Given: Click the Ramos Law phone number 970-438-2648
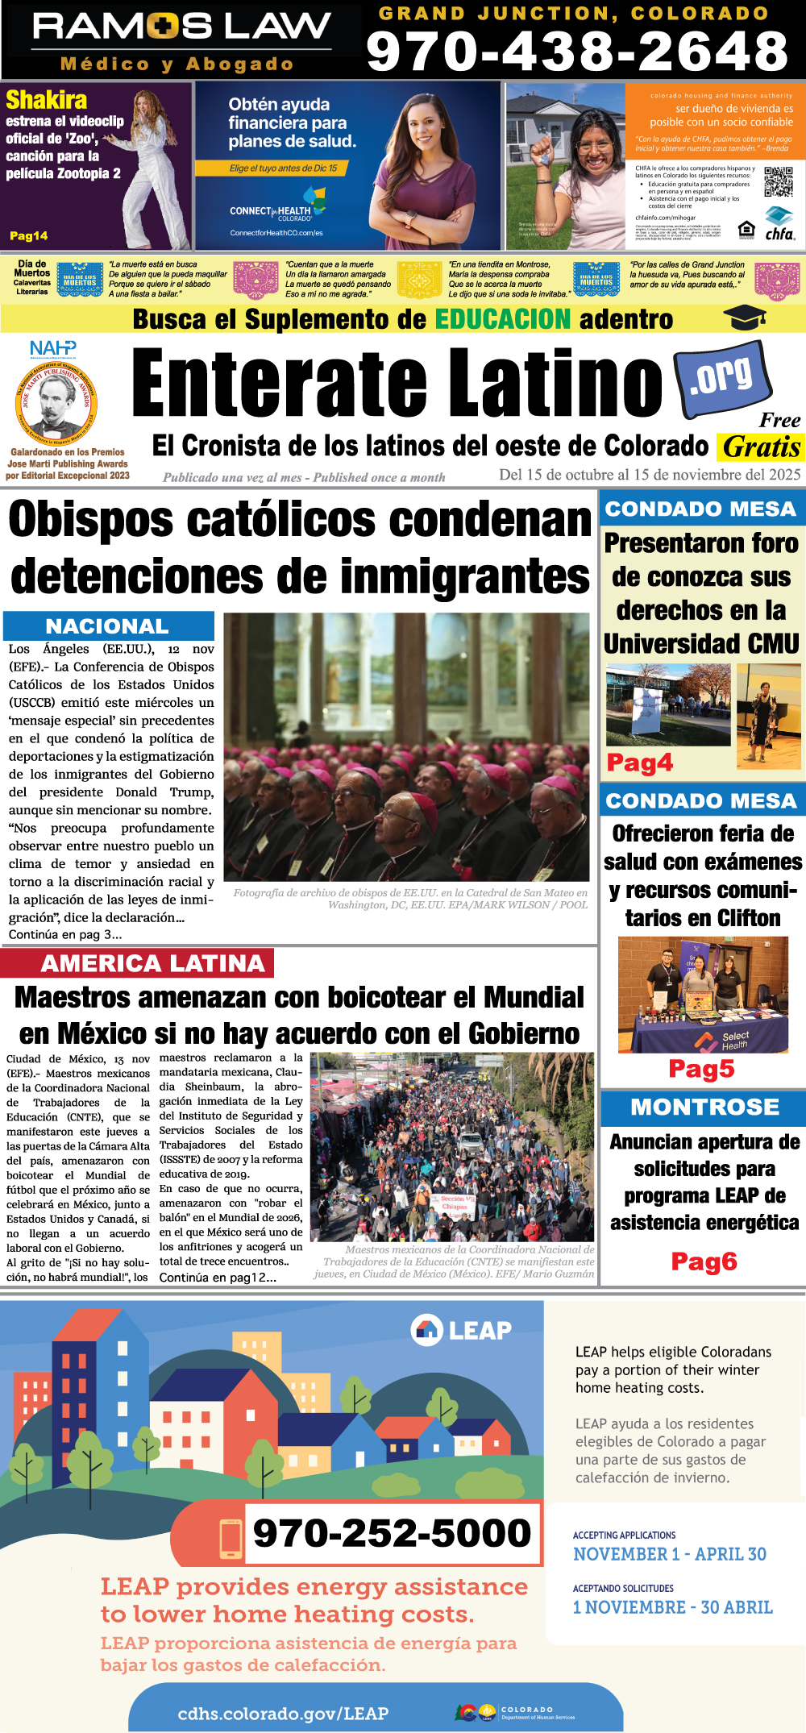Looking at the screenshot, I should (577, 52).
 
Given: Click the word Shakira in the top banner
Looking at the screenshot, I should (46, 100).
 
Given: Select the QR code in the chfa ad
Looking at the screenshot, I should (778, 181).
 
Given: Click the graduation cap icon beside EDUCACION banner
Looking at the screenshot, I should (744, 319).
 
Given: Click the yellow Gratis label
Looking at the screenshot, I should (760, 447).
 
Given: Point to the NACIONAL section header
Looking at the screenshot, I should (107, 626).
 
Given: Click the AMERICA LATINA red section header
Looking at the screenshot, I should (152, 963).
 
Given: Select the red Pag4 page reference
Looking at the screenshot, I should (639, 763).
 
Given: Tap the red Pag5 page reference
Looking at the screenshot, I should (701, 1069).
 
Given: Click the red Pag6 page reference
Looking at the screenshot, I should (704, 1261).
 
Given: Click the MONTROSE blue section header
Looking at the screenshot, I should (704, 1108).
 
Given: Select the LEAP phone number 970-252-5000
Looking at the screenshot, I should (392, 1532).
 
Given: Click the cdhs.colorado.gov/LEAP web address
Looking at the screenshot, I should (283, 1713).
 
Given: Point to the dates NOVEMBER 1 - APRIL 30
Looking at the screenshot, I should (669, 1553).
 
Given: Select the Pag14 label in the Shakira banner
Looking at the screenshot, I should (28, 236).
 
